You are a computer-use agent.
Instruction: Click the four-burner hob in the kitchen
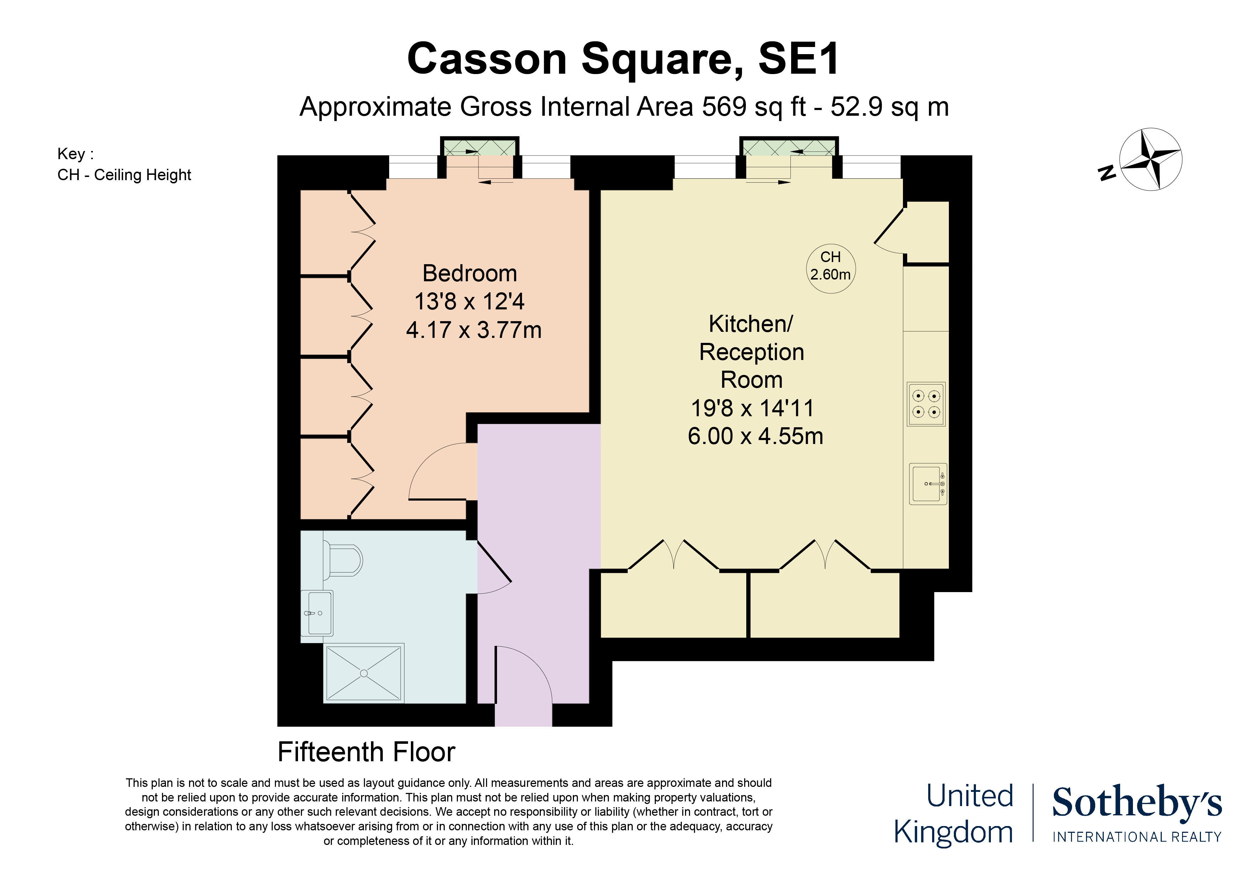(926, 404)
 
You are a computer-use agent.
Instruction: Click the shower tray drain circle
(364, 674)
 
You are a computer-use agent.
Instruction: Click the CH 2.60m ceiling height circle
(830, 269)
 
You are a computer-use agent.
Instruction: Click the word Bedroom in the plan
(470, 274)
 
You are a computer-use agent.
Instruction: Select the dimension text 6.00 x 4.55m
(755, 436)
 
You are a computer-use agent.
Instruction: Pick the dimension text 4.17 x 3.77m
(473, 330)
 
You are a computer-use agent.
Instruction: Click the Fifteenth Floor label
(366, 752)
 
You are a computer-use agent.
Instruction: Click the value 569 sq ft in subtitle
(753, 106)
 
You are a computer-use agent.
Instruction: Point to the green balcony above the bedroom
(479, 147)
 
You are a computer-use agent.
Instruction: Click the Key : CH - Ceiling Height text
(124, 164)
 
